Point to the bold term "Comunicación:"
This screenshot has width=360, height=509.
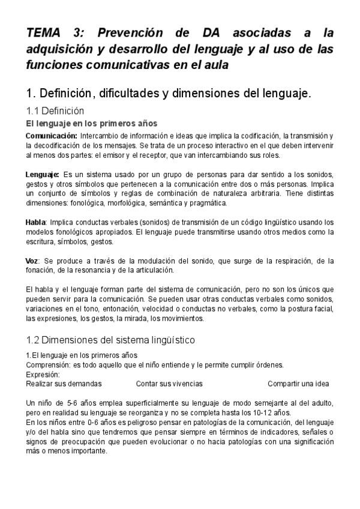[52, 136]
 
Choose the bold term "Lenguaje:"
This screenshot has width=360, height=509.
[43, 175]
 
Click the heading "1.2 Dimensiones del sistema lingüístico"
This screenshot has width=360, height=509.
[111, 340]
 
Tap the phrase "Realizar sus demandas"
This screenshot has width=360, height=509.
[64, 384]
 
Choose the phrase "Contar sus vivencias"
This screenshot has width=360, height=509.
[169, 384]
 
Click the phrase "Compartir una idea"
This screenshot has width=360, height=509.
[298, 384]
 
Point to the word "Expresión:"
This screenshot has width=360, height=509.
[43, 374]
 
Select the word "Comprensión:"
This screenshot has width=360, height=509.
[49, 364]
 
